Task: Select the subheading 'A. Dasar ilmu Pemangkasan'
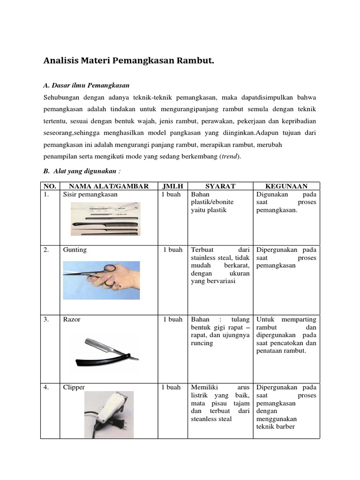86,85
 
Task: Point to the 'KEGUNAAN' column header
286,186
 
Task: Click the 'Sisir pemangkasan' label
90,194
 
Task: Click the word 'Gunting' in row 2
75,250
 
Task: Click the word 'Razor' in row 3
72,319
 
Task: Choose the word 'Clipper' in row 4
74,388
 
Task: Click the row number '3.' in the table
46,319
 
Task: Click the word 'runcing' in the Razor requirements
202,343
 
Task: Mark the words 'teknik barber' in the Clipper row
276,427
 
